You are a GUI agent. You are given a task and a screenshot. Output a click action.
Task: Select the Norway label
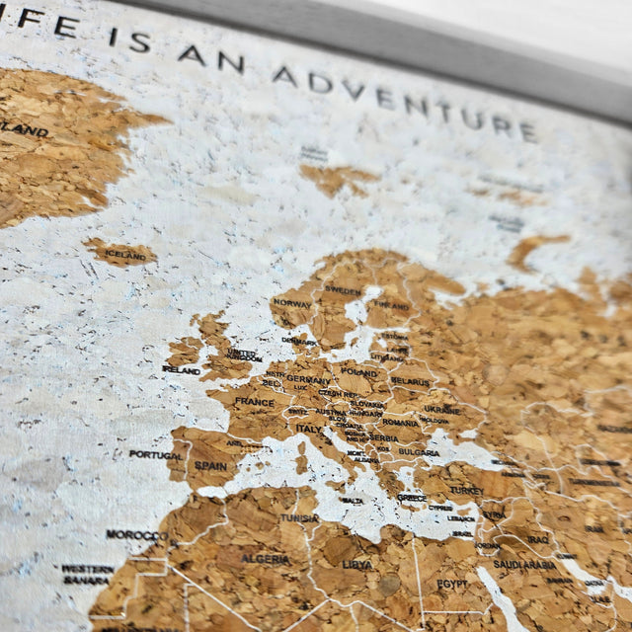point(292,303)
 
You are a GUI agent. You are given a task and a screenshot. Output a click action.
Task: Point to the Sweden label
point(344,291)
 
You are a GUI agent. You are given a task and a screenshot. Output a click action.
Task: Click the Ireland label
point(182,369)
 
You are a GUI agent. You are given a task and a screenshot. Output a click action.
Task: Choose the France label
point(255,403)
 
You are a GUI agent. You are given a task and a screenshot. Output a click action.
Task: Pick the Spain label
point(210,465)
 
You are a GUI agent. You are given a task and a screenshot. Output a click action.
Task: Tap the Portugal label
point(155,454)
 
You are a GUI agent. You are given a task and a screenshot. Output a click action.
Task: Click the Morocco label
point(136,534)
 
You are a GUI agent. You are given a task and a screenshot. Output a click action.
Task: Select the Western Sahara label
point(87,574)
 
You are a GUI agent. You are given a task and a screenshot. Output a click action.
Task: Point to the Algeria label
point(267,559)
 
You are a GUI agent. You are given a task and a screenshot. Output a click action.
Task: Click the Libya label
point(357,564)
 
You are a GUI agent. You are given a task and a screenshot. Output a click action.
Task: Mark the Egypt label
point(452,584)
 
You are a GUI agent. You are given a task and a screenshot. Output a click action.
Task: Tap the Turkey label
point(466,490)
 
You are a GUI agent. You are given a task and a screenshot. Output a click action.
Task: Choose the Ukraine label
point(442,409)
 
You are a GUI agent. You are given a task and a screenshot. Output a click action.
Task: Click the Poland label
point(359,373)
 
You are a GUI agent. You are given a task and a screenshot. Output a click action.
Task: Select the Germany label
point(309,379)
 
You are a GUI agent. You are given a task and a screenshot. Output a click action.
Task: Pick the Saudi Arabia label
point(524,564)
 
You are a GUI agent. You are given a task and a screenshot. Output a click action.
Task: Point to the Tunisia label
point(299,517)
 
